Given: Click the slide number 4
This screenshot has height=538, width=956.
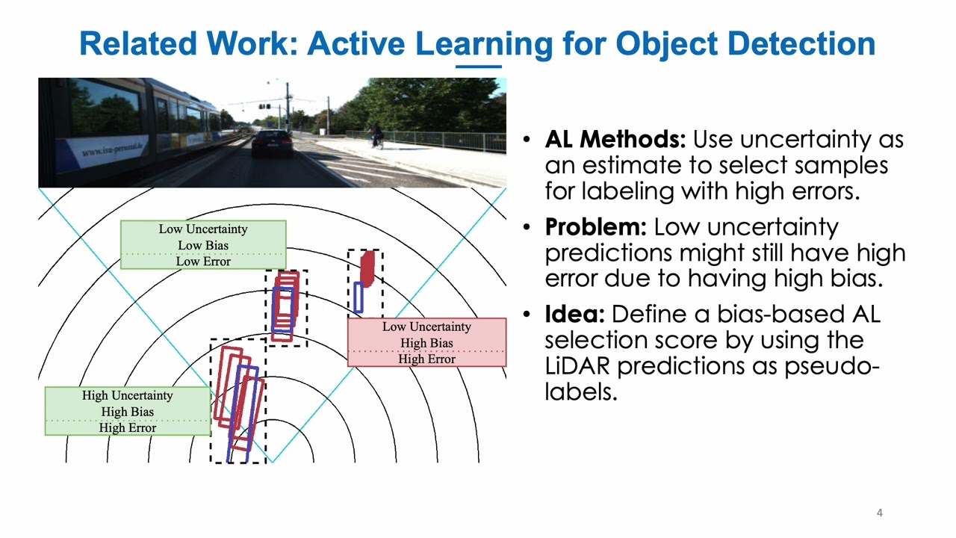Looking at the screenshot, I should (x=879, y=513).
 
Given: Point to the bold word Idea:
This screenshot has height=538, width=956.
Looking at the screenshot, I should (x=574, y=315).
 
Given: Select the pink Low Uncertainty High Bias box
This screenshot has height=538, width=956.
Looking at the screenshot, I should (x=426, y=342).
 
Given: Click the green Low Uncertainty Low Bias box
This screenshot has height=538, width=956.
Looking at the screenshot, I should (x=202, y=244).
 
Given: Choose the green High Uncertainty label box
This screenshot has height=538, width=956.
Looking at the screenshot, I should (x=127, y=411).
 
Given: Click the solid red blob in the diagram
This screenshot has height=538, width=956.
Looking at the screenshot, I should (x=367, y=269).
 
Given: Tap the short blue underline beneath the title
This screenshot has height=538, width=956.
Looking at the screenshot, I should (x=478, y=66).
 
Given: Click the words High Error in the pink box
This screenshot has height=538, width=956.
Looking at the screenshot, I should (x=426, y=359).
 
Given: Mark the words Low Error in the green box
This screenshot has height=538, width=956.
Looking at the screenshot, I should (x=202, y=262).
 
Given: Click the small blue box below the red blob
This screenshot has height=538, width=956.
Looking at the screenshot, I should (x=358, y=297).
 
